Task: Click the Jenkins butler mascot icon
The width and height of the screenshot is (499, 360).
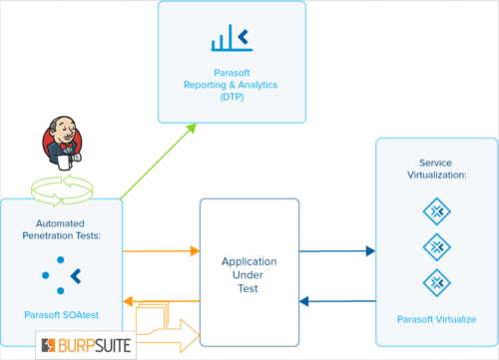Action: [57, 145]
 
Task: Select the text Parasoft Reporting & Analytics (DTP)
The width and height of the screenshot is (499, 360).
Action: [232, 84]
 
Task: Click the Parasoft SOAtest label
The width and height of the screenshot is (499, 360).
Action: [61, 314]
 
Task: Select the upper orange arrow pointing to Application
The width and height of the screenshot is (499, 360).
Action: [160, 250]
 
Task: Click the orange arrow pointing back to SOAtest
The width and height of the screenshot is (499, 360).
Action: [160, 300]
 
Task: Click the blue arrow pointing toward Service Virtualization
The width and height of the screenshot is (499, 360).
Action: [336, 250]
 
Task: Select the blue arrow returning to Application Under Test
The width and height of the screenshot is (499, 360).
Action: [336, 300]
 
